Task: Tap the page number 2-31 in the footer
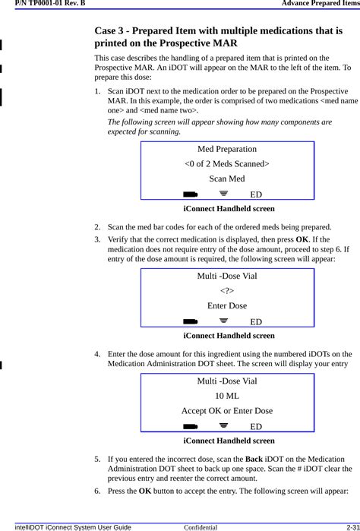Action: pyautogui.click(x=350, y=526)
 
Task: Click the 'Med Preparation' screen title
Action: pyautogui.click(x=226, y=149)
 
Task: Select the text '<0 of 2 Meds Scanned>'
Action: pyautogui.click(x=226, y=163)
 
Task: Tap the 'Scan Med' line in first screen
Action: pyautogui.click(x=226, y=179)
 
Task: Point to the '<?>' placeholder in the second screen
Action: pyautogui.click(x=226, y=290)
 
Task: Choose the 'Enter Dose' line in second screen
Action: pyautogui.click(x=226, y=305)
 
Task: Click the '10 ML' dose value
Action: pyautogui.click(x=226, y=396)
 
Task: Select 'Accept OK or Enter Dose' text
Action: pyautogui.click(x=226, y=411)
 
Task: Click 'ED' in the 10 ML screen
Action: pyautogui.click(x=256, y=427)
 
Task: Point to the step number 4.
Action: pyautogui.click(x=97, y=354)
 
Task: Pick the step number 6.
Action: pyautogui.click(x=97, y=491)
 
